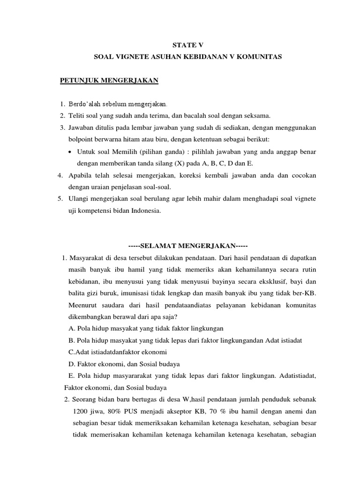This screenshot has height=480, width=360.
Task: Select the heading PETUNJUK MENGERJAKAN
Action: tap(110, 81)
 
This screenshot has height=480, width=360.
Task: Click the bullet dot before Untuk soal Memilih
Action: tap(69, 151)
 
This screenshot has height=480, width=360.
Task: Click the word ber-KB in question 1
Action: tap(305, 293)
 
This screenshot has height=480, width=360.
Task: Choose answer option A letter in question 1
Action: tap(71, 329)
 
